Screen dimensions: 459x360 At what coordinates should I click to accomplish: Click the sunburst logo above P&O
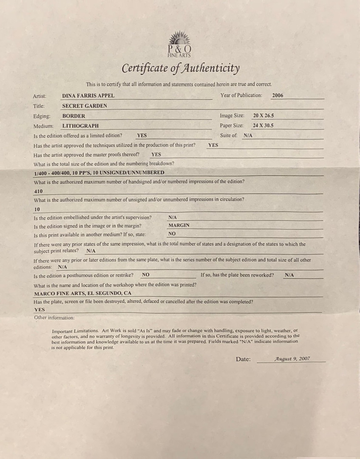(180, 38)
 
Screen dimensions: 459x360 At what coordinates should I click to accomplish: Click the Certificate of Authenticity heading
(181, 68)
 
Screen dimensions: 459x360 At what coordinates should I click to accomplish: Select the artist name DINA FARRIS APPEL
(88, 96)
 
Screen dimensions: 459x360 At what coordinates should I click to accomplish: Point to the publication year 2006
(278, 96)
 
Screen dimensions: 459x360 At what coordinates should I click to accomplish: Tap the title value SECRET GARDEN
(85, 106)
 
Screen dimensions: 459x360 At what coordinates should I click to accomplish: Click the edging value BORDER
(74, 116)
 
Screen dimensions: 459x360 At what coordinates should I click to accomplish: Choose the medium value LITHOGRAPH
(80, 126)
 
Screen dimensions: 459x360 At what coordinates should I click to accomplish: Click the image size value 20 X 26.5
(263, 116)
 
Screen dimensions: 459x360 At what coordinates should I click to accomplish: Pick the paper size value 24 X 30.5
(263, 125)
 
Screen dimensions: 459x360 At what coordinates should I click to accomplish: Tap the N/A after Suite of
(248, 136)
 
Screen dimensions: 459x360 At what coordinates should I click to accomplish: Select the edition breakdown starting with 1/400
(99, 173)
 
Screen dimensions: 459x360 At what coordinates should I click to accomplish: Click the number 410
(38, 191)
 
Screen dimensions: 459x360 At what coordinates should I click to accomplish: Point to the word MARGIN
(179, 225)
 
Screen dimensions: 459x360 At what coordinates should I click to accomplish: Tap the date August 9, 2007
(292, 359)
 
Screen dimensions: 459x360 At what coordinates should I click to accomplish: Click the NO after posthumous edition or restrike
(145, 275)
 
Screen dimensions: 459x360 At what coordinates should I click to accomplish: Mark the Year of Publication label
(241, 96)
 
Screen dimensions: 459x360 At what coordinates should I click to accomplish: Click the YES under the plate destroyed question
(40, 310)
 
